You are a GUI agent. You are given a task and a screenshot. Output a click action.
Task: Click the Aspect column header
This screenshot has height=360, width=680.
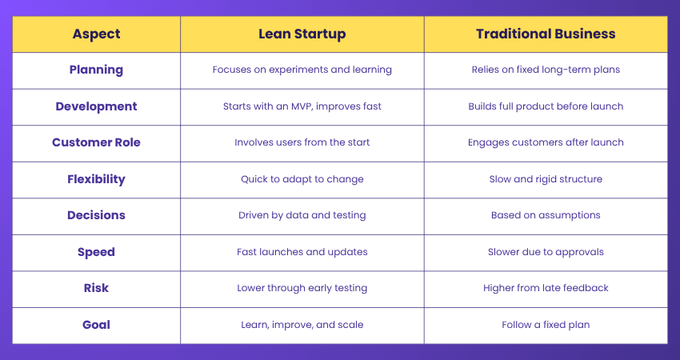(x=96, y=34)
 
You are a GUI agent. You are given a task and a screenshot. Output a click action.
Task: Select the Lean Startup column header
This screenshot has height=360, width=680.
(x=302, y=34)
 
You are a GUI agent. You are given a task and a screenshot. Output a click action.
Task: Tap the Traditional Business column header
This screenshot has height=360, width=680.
(x=546, y=34)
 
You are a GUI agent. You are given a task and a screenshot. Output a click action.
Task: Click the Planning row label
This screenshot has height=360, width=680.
(x=96, y=70)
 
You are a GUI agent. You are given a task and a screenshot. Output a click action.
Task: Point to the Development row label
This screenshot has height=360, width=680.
(x=96, y=106)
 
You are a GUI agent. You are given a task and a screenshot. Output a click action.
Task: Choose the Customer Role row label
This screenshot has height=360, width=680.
(x=96, y=142)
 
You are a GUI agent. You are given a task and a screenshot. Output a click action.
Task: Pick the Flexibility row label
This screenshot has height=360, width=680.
(x=96, y=179)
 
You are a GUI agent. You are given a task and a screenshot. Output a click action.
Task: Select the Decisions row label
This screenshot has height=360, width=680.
(x=96, y=215)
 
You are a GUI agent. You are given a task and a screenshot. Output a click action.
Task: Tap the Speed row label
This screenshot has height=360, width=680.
(x=96, y=252)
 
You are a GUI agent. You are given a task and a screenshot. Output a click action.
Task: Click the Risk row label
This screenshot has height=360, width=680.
(x=96, y=288)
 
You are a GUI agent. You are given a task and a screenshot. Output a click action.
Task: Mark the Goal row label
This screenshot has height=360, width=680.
(x=96, y=325)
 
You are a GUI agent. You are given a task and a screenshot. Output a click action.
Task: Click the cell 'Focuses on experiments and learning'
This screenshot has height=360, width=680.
(x=302, y=70)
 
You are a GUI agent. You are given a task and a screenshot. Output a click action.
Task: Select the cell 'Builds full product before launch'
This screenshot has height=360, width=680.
(x=546, y=106)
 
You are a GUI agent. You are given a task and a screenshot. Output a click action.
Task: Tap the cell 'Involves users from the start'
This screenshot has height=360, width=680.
(x=302, y=142)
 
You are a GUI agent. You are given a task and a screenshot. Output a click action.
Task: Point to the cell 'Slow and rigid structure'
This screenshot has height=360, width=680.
(x=546, y=179)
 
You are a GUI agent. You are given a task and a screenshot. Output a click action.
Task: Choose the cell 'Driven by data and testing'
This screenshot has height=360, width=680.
(x=302, y=215)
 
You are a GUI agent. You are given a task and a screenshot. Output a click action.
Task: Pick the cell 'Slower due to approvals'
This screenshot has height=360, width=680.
(x=546, y=252)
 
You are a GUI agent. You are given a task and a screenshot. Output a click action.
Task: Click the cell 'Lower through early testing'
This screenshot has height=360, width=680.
(x=302, y=288)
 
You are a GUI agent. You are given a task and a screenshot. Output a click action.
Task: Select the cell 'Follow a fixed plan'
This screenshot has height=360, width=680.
(x=546, y=325)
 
